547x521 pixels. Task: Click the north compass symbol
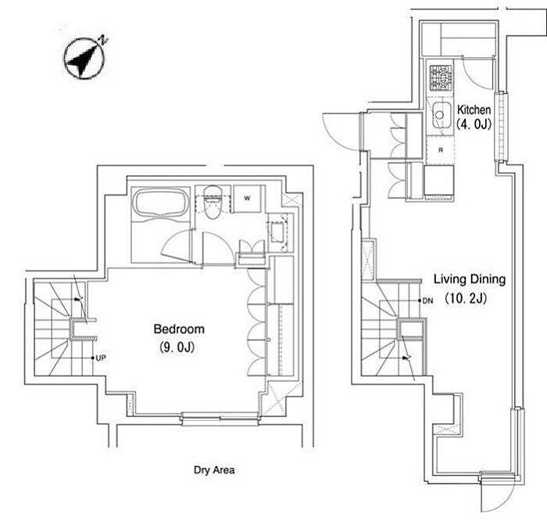[x=85, y=58]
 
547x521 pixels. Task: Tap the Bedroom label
[x=179, y=329]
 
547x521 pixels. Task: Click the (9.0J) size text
[x=177, y=347]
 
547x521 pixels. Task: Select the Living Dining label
[x=470, y=279]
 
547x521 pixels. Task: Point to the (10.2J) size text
[x=466, y=298]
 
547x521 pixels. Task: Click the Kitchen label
[x=474, y=110]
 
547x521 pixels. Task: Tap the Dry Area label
[x=214, y=470]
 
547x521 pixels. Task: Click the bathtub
[x=161, y=203]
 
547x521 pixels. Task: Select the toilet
[x=213, y=202]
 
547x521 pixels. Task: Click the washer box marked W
[x=247, y=199]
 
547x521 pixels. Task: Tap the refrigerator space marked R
[x=441, y=150]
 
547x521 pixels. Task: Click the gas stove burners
[x=441, y=78]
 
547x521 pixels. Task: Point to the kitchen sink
[x=442, y=115]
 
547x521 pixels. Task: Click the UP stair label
[x=101, y=358]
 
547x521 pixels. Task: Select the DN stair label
[x=427, y=300]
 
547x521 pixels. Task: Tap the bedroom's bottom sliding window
[x=220, y=418]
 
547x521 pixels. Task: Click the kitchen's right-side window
[x=501, y=127]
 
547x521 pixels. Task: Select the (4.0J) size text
[x=474, y=124]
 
